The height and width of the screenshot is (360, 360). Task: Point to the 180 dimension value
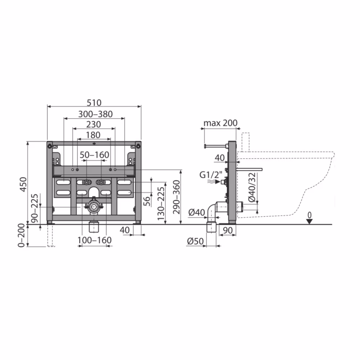pyautogui.click(x=93, y=135)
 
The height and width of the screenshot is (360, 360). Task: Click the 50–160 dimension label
pyautogui.click(x=94, y=155)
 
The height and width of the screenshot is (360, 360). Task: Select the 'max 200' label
pyautogui.click(x=220, y=123)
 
